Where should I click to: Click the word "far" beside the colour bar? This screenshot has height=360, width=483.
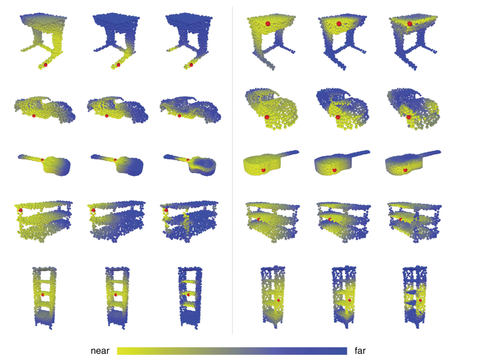coord(360,351)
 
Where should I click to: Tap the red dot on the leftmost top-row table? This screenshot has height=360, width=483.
coord(46,65)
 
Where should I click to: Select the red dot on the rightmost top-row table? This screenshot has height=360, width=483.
coord(410,23)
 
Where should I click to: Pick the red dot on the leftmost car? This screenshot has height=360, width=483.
coord(34,116)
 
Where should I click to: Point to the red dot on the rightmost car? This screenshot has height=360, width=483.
coord(409,117)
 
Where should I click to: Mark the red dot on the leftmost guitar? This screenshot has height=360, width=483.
coord(42,159)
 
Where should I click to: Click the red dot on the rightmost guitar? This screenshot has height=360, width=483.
coord(405,171)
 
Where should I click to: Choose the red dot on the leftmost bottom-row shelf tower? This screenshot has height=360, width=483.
coord(43,295)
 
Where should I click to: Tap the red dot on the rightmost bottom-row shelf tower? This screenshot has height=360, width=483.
coord(420,300)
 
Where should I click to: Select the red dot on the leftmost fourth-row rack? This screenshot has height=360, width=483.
coord(20,210)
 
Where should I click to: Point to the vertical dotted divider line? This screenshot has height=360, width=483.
coord(232,172)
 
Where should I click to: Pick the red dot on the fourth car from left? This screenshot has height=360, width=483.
coord(267,117)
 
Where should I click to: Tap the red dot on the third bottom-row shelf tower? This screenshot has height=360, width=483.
coord(188,295)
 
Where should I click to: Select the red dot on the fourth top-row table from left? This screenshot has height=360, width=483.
coord(268,23)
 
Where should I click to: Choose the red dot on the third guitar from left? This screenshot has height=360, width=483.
coord(188,160)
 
